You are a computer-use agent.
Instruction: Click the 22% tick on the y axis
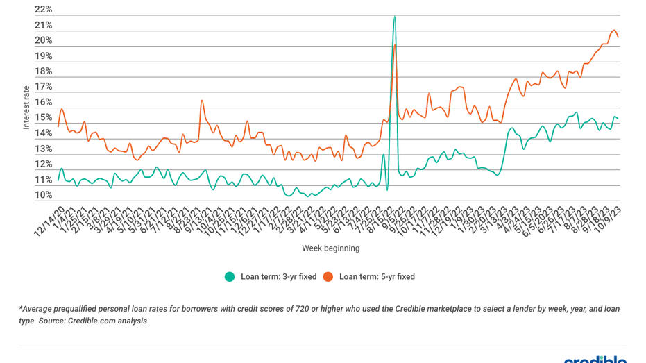tap(43, 10)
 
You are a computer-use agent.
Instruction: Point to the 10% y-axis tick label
tap(43, 195)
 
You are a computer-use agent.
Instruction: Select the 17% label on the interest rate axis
tap(43, 87)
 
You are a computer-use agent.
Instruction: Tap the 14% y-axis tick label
tap(43, 133)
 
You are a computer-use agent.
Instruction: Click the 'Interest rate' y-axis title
tap(26, 107)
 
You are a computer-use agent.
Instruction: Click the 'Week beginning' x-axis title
tap(330, 248)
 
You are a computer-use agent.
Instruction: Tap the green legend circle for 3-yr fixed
tap(229, 276)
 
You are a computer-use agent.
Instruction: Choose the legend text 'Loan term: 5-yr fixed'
tap(377, 276)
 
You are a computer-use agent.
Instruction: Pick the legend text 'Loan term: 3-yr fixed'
tap(278, 276)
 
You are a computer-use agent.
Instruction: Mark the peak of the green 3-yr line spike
tap(395, 16)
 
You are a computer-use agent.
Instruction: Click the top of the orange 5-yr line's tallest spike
tap(395, 45)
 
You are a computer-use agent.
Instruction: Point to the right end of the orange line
tap(618, 37)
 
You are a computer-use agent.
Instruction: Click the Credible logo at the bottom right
tap(595, 360)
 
